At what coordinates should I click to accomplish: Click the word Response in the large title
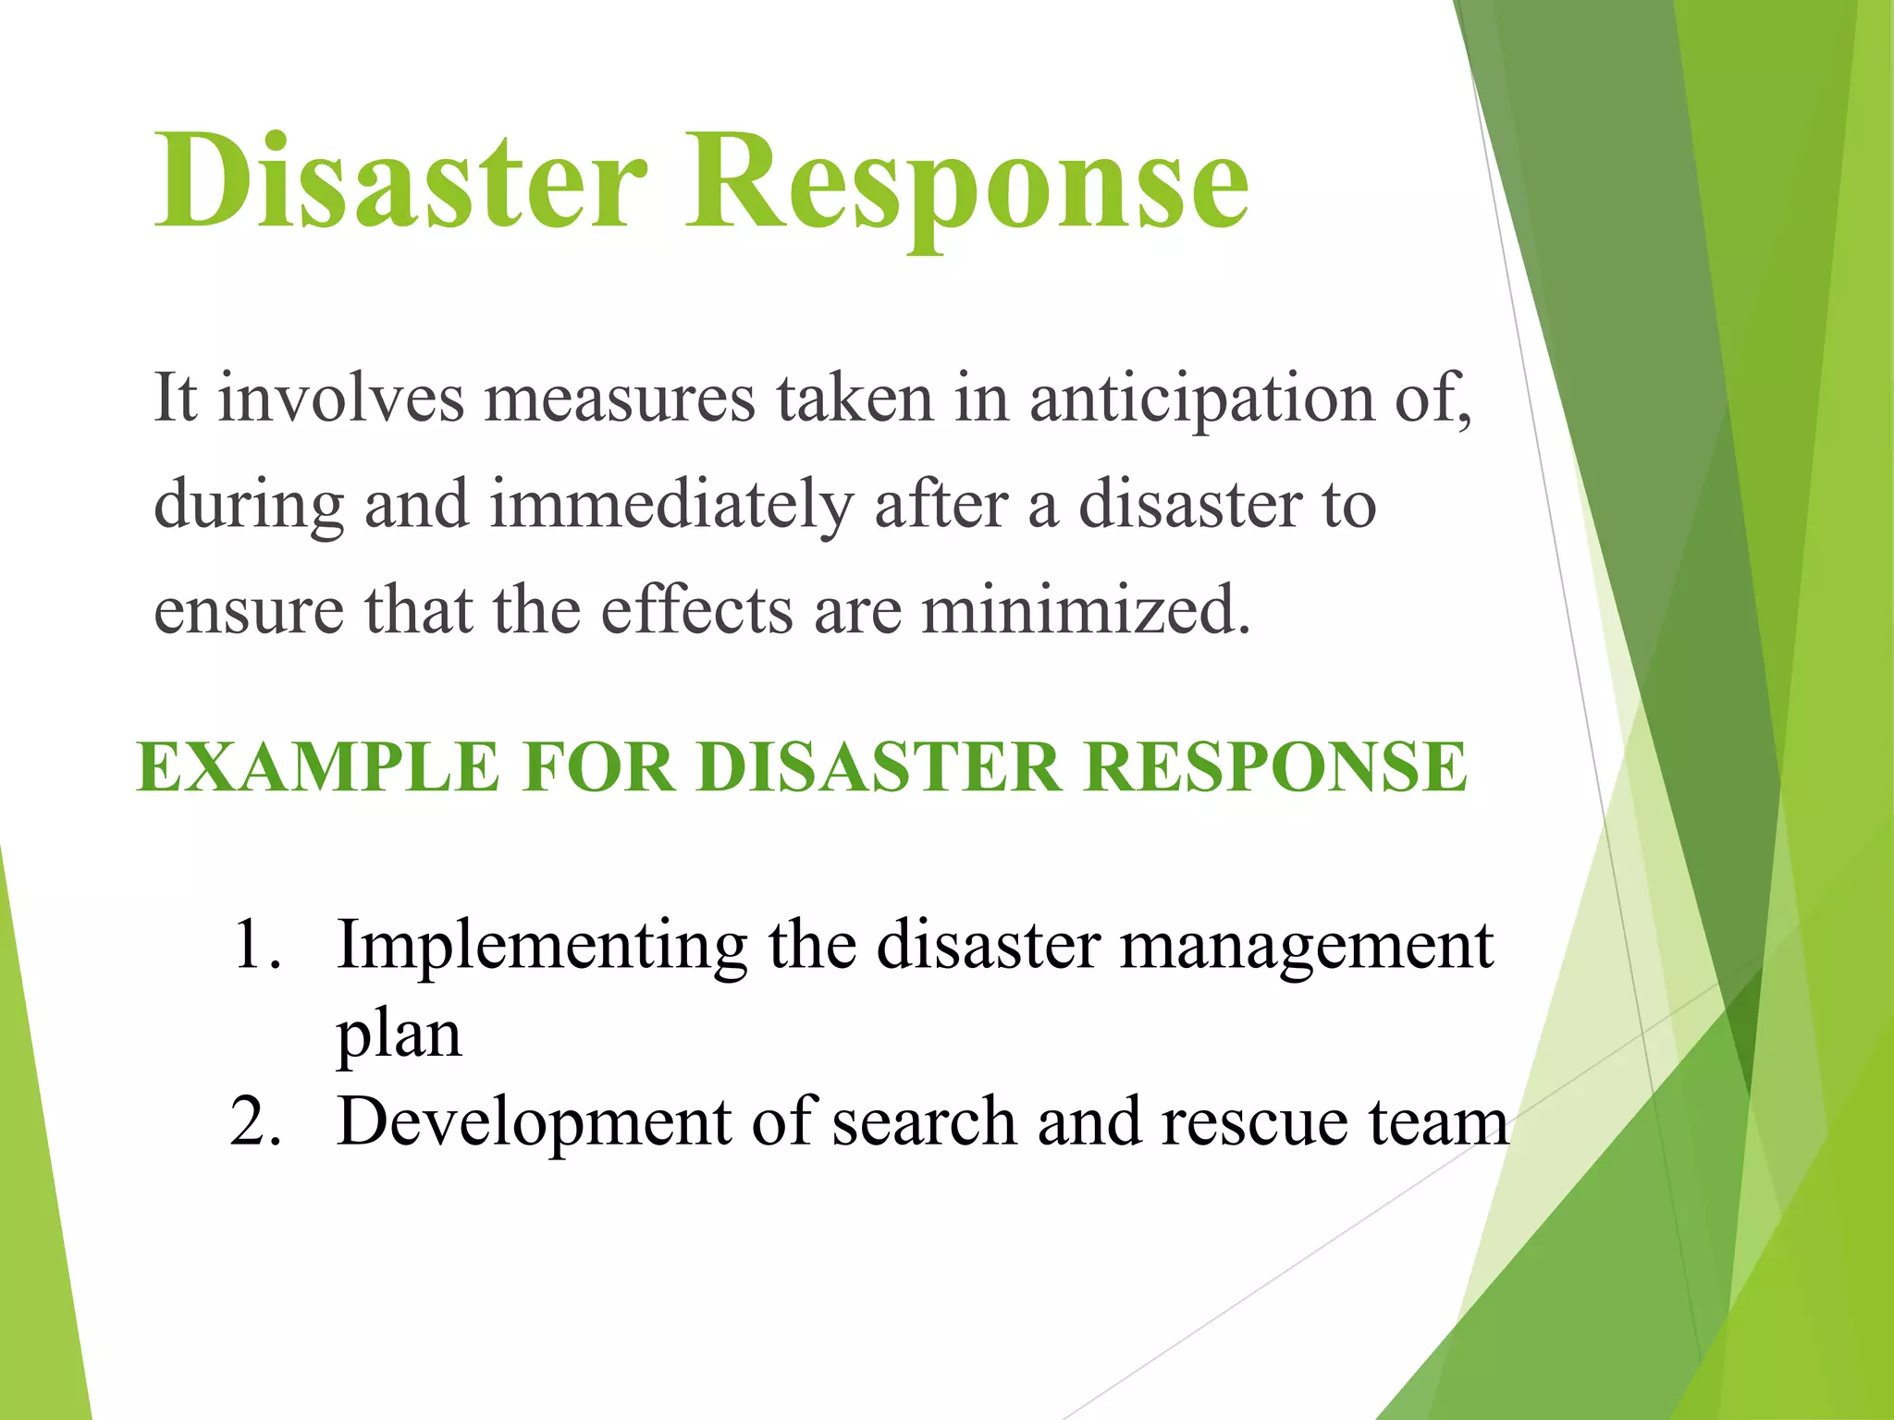[x=967, y=180]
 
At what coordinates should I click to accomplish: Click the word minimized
[x=1086, y=611]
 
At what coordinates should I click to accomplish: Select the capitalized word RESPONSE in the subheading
[x=1275, y=767]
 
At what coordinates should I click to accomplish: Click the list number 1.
[x=255, y=945]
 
